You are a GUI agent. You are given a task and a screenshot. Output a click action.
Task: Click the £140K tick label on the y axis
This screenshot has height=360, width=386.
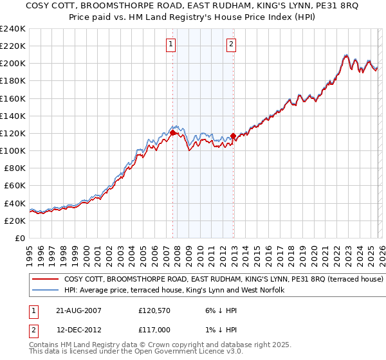coord(13,116)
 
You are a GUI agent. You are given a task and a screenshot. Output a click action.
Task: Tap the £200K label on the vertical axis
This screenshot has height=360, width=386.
coord(13,64)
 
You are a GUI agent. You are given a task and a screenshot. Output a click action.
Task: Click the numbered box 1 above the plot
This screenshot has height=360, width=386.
coord(171,44)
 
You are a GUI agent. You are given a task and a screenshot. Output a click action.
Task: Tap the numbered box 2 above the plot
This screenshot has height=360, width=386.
coord(231,44)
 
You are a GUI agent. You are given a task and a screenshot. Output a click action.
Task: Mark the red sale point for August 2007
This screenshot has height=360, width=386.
coord(172,132)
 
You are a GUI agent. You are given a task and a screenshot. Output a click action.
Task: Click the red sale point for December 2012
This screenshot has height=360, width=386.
coord(233,136)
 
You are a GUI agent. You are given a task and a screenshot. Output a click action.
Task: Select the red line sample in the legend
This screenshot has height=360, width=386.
coord(45,280)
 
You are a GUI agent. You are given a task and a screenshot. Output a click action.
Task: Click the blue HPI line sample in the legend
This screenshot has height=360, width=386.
coord(45,291)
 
